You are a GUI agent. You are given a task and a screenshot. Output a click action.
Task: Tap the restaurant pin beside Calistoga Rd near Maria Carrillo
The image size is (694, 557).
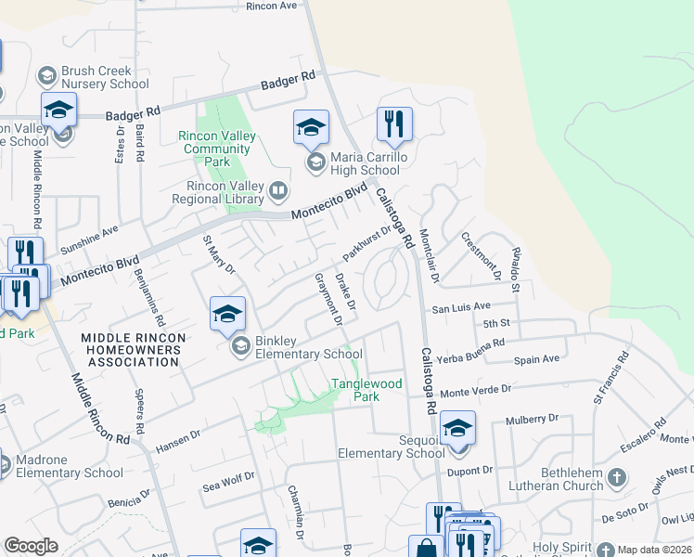[x=394, y=124]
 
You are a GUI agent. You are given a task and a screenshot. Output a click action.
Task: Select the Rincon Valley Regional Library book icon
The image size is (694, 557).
[x=277, y=191]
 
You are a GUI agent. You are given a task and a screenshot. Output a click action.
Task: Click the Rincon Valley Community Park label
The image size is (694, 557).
[x=217, y=149]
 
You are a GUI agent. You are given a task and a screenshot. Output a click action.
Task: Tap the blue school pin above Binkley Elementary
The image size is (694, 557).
[x=227, y=315]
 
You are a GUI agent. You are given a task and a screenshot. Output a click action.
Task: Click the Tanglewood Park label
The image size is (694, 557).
[x=367, y=390]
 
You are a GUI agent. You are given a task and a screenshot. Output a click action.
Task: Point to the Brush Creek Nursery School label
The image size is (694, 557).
[x=105, y=77]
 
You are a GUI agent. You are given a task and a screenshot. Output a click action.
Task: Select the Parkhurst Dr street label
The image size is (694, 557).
[x=368, y=243]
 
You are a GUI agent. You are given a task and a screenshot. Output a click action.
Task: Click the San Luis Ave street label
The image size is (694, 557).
[x=459, y=306]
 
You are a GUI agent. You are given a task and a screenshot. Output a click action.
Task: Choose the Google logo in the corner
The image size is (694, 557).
[x=31, y=546]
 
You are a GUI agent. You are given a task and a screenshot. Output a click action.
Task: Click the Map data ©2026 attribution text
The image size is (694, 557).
[x=653, y=550]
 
